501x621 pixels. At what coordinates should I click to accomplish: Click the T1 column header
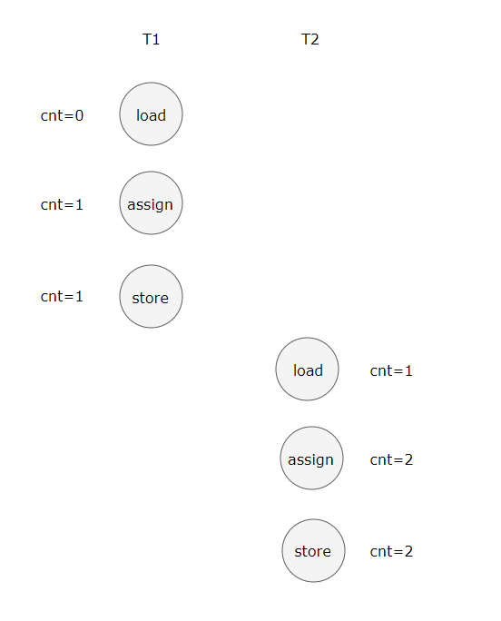coord(151,39)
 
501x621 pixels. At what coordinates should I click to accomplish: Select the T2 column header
coord(309,39)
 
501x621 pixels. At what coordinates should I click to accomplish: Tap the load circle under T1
coord(151,114)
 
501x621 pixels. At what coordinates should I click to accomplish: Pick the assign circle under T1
coord(151,202)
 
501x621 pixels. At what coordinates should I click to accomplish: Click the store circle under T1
coord(151,296)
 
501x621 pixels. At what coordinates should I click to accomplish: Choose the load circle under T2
coord(308,370)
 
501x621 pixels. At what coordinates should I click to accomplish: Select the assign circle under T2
coord(311,458)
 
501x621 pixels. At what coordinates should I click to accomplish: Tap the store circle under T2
coord(313,550)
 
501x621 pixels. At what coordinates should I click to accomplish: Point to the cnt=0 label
coord(62,115)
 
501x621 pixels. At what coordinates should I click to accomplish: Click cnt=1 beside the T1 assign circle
coord(62,205)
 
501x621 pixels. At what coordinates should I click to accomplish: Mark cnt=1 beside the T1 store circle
coord(62,296)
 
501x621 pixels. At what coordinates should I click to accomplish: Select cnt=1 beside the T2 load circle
coord(391,370)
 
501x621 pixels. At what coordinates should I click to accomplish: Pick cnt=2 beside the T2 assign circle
coord(391,459)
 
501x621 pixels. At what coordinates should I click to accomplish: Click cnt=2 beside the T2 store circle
coord(391,551)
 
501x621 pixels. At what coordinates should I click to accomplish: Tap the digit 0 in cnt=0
coord(79,115)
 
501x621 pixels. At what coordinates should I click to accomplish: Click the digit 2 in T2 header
coord(315,39)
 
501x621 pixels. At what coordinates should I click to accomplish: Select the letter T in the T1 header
coord(146,39)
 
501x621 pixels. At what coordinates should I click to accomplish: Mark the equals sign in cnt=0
coord(70,116)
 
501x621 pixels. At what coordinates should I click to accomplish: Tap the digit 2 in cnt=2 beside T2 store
coord(408,551)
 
